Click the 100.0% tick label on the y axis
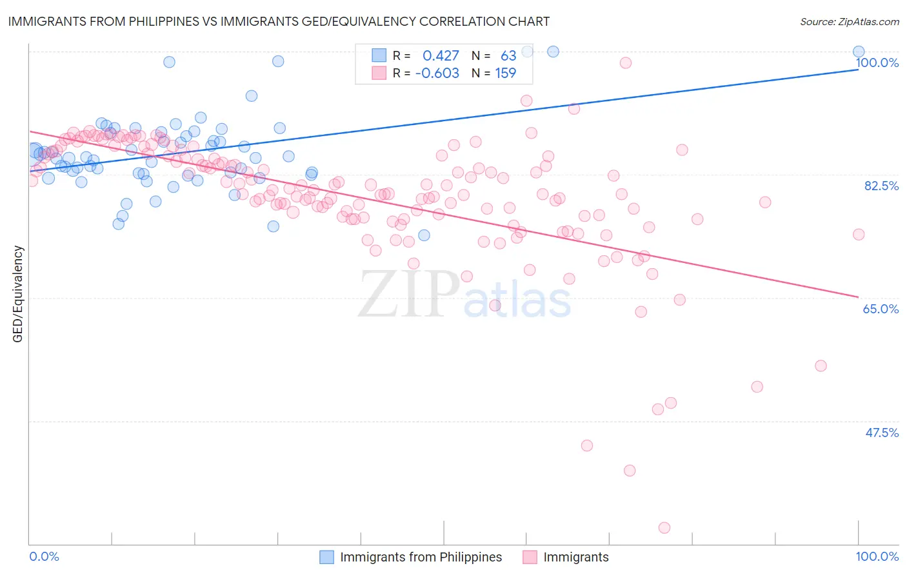click(877, 63)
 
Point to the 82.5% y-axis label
click(881, 186)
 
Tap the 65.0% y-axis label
click(881, 309)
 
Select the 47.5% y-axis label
click(881, 433)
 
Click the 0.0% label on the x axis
click(44, 556)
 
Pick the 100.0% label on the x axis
click(877, 556)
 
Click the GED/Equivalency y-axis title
click(18, 294)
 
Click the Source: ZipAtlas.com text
click(849, 21)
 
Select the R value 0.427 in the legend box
click(441, 55)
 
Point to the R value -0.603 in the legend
click(437, 73)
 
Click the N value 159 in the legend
click(505, 73)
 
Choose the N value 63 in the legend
click(508, 55)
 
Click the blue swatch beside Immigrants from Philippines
click(327, 557)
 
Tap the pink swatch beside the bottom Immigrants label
click(530, 557)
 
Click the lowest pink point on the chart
click(664, 527)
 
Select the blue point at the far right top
click(859, 52)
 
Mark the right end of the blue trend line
click(859, 69)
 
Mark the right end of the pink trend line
click(859, 297)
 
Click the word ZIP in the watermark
click(408, 295)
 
